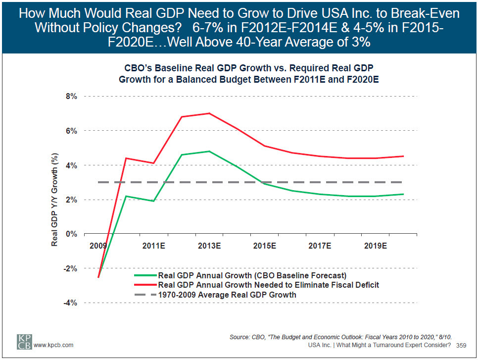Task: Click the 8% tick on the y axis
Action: [x=71, y=97]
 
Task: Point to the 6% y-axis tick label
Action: [x=71, y=131]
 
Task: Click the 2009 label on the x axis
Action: [x=98, y=245]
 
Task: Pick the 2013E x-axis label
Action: [x=209, y=245]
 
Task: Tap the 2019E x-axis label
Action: [x=376, y=245]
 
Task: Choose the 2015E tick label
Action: [x=265, y=245]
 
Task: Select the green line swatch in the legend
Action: [x=144, y=275]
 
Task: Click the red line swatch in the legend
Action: [x=144, y=285]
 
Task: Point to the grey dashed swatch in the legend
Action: [x=144, y=295]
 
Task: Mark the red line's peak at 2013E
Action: [x=210, y=113]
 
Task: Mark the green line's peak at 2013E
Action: [x=210, y=151]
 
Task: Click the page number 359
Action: [x=461, y=345]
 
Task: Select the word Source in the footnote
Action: [x=240, y=337]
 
